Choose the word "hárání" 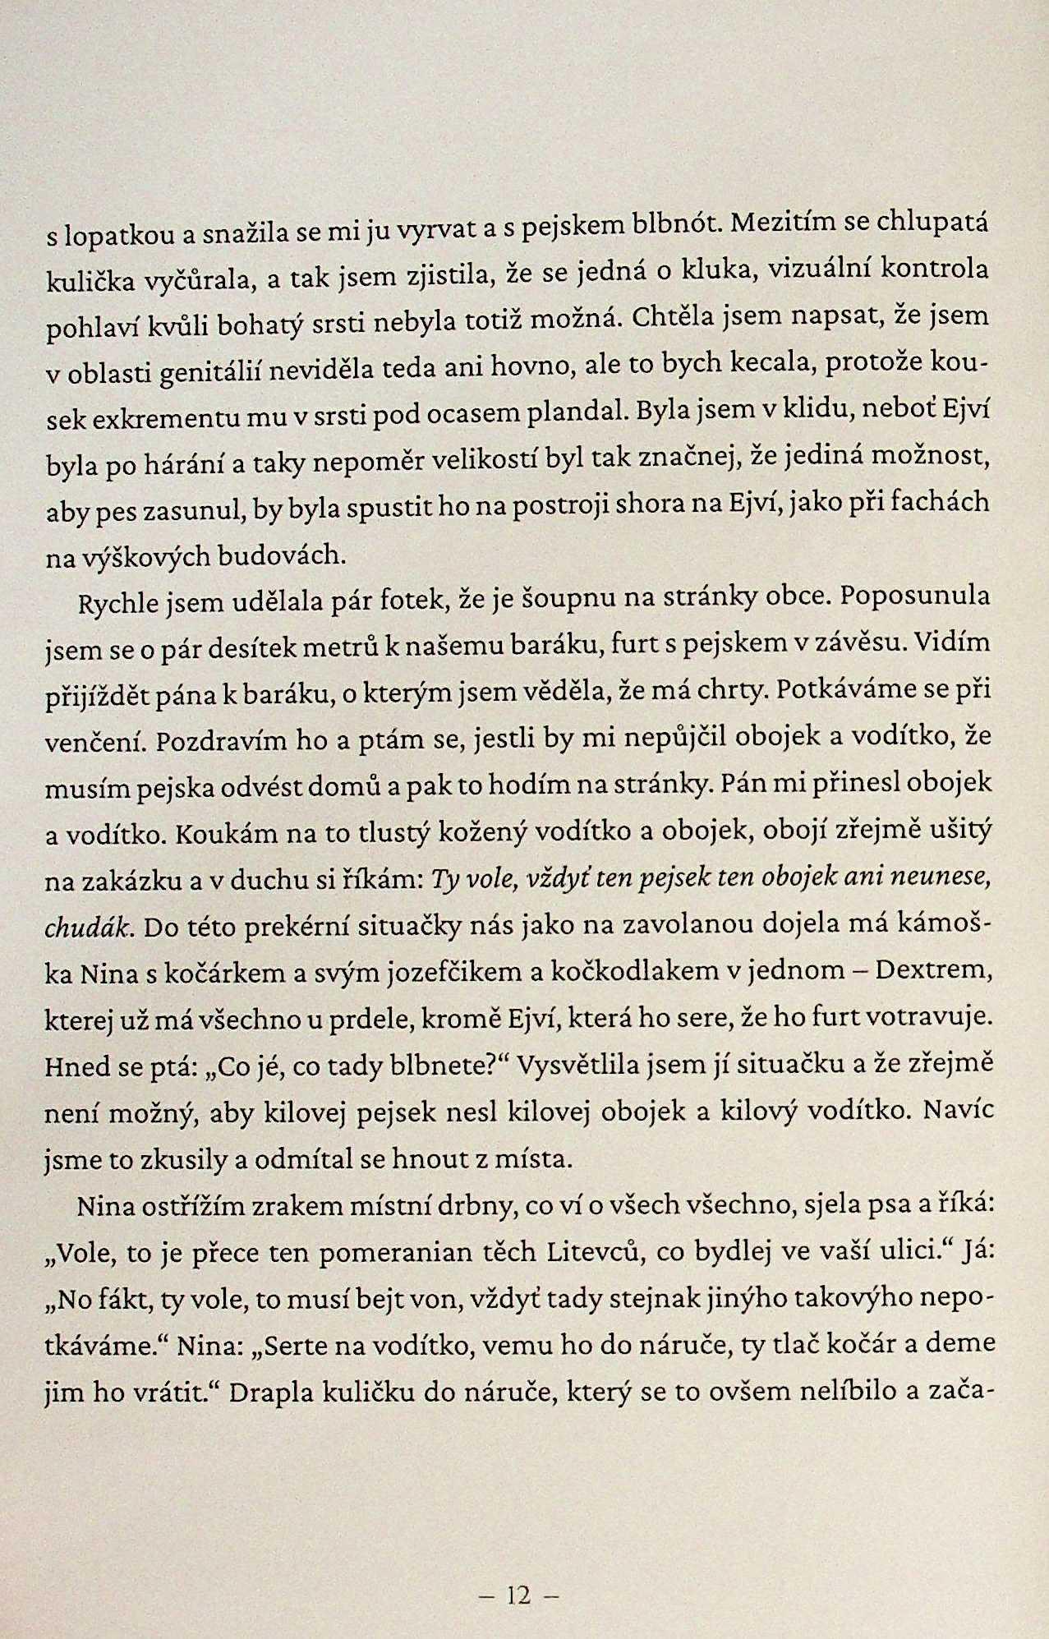click(188, 465)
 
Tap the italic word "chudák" click(87, 928)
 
